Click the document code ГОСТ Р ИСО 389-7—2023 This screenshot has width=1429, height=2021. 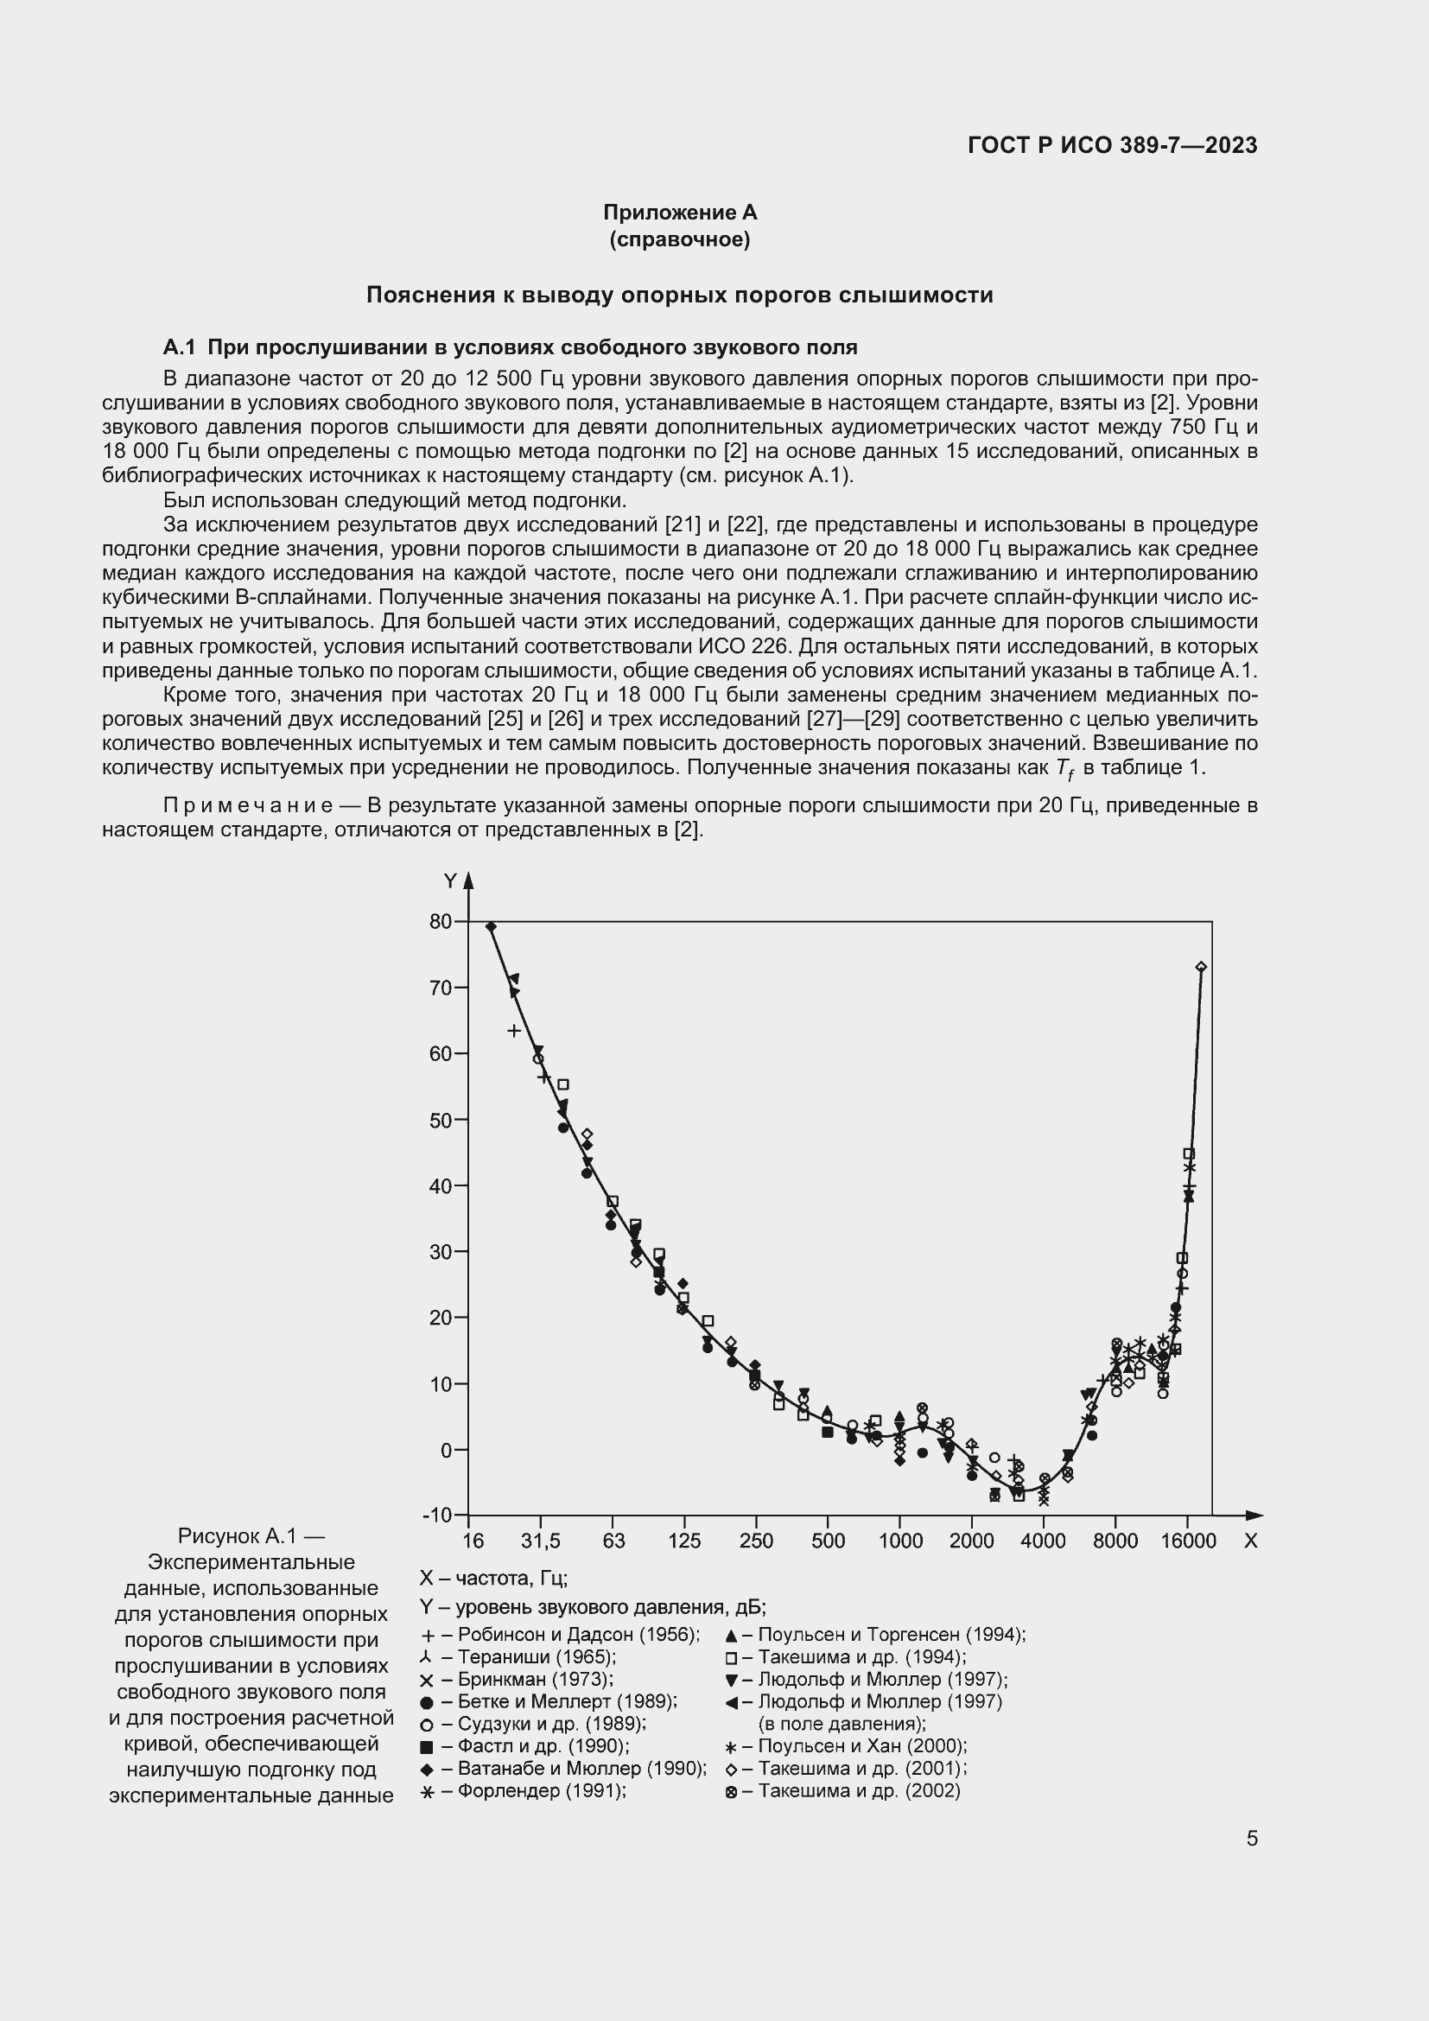click(x=1112, y=145)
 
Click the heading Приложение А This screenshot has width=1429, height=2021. click(x=679, y=213)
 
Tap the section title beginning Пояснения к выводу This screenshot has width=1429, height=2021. click(x=679, y=295)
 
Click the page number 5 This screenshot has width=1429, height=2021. click(x=1251, y=1838)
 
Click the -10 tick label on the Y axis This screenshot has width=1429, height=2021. click(x=437, y=1515)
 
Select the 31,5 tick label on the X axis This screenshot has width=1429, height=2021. click(x=539, y=1541)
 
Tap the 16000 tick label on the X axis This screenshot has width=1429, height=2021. click(x=1187, y=1541)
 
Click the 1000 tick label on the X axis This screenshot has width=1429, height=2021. click(x=900, y=1541)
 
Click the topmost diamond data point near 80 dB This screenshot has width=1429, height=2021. click(x=491, y=927)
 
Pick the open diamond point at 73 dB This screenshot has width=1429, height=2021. click(x=1201, y=967)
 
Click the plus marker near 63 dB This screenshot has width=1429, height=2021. click(x=515, y=1030)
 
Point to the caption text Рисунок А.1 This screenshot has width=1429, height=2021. click(x=251, y=1536)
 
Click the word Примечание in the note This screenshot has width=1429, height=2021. click(x=248, y=805)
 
